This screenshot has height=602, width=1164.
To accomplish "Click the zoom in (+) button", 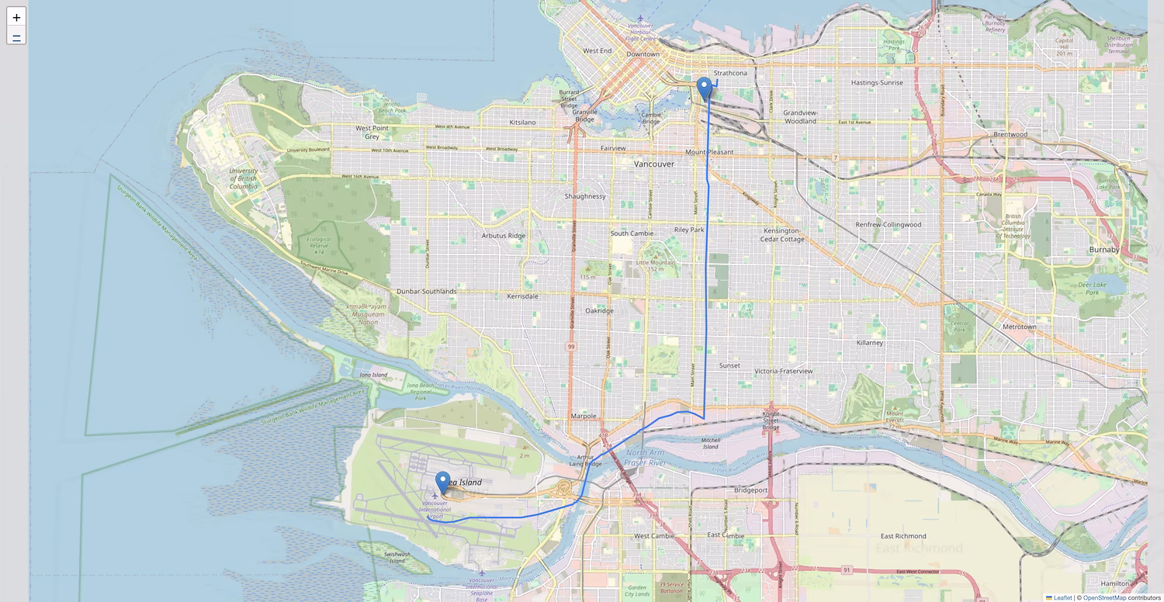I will (16, 17).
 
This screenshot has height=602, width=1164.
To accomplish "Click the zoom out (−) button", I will (16, 36).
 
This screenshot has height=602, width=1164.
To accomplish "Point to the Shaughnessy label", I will (585, 196).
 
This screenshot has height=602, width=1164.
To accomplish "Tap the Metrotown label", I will (1020, 327).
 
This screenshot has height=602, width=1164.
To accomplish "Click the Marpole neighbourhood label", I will (584, 416).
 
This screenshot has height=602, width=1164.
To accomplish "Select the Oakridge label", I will (599, 310).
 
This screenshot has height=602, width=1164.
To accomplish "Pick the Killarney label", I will (869, 342).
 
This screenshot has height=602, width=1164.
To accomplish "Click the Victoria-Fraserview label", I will (784, 371).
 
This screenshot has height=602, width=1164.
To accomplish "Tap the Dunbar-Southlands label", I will (426, 291).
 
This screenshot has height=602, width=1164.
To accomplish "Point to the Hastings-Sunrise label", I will (877, 82).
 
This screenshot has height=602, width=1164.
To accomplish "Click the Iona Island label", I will (373, 375).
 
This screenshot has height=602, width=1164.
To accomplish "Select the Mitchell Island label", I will (710, 443).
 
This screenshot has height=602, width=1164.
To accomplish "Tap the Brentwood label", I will (1010, 134).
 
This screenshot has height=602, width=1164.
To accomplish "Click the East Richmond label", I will (903, 536).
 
